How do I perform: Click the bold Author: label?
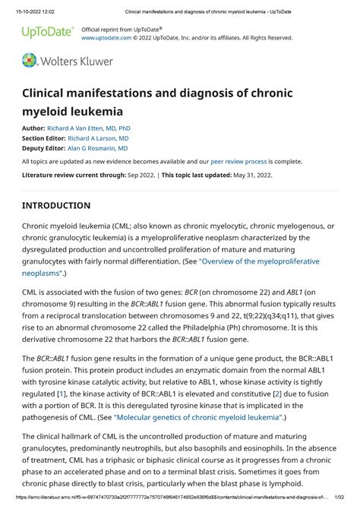[x=33, y=129]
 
